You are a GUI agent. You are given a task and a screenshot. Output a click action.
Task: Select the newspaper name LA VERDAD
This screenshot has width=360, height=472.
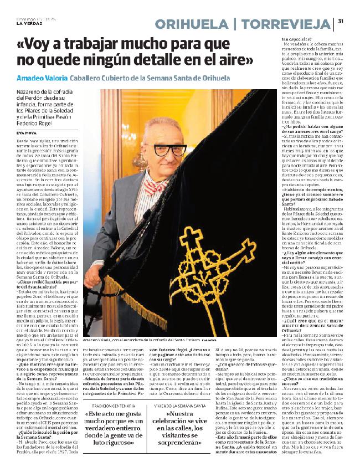(29, 23)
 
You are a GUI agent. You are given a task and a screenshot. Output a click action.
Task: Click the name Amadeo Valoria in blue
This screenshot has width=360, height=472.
(42, 78)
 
